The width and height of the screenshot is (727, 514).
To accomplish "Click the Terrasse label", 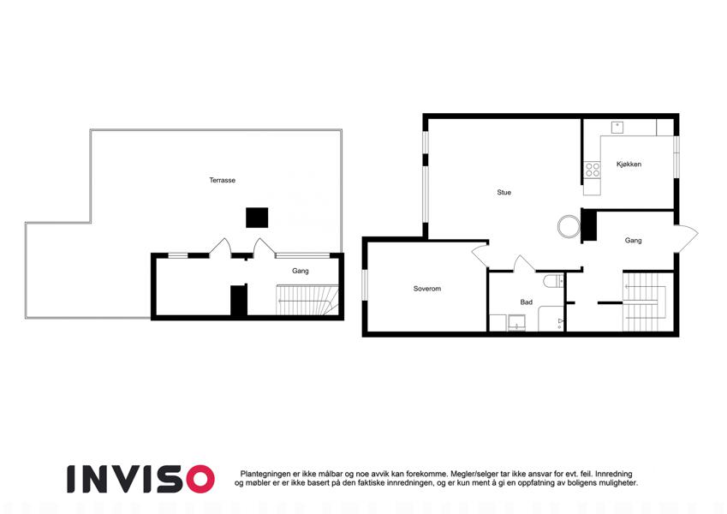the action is click(222, 180).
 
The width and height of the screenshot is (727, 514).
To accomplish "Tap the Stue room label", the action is click(504, 192).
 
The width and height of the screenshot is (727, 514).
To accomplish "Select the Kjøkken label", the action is click(629, 164).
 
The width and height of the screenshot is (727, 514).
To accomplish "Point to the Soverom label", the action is click(427, 289).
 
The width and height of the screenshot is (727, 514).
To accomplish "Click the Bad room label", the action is click(527, 302).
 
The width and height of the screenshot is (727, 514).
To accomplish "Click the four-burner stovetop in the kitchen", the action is click(592, 170).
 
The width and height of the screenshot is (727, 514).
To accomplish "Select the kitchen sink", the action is click(617, 127).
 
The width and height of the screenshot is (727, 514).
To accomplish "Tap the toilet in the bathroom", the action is click(553, 281).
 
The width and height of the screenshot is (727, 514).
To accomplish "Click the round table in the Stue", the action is click(569, 227).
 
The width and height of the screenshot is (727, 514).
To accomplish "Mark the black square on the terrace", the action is click(257, 218).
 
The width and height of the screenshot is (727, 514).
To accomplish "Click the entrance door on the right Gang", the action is click(686, 238).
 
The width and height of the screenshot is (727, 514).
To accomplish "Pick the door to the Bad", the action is click(524, 263).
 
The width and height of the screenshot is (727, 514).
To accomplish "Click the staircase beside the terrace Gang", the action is click(307, 300).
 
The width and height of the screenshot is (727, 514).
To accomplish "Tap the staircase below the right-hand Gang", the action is click(647, 302).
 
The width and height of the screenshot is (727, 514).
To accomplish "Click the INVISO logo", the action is click(141, 479).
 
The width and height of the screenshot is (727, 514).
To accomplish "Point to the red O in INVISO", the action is click(199, 479).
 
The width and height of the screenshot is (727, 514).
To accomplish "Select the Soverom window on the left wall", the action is click(365, 284).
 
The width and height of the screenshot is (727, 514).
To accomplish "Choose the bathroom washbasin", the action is click(515, 322).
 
